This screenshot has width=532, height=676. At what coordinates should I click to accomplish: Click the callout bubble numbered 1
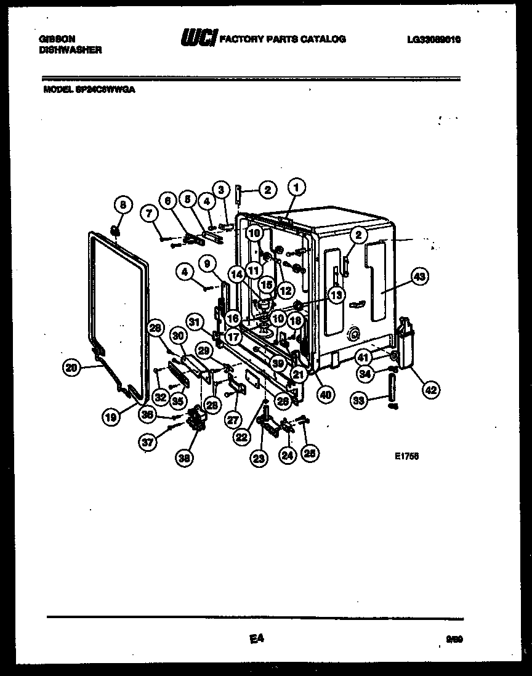coord(297,187)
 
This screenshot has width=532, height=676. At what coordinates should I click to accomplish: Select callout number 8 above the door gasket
coord(123,204)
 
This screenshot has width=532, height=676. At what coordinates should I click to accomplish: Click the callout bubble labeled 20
coord(72,368)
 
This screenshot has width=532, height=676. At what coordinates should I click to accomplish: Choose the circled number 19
coord(110,416)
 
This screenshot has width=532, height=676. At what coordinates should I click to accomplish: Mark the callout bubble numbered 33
coord(359,400)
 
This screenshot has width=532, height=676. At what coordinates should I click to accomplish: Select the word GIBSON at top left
coord(52,39)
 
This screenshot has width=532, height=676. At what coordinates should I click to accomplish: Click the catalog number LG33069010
coord(433,39)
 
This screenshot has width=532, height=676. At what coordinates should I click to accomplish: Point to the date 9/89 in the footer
coord(454,640)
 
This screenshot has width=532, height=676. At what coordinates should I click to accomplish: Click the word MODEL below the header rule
coord(55,89)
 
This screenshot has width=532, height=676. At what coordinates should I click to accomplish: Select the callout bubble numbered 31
coord(195,322)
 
